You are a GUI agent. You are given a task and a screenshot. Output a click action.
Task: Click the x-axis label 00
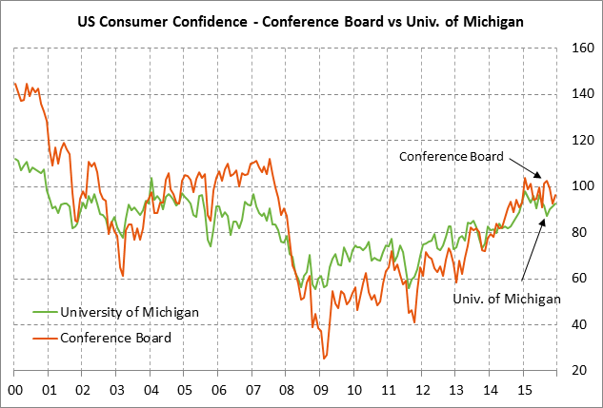[16, 389]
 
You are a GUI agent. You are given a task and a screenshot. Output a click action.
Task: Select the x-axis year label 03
[116, 389]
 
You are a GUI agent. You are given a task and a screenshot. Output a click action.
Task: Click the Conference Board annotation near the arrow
[452, 156]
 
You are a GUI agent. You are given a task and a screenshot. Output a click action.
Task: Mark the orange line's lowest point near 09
[324, 359]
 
